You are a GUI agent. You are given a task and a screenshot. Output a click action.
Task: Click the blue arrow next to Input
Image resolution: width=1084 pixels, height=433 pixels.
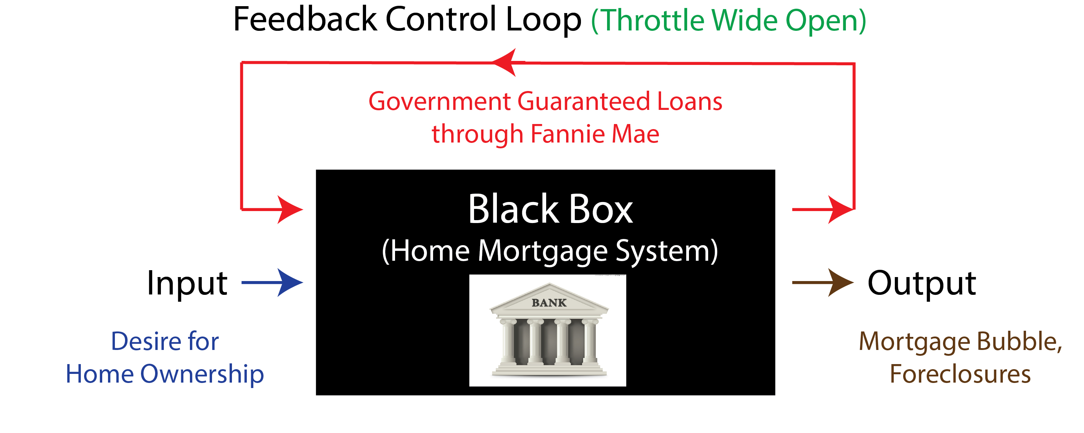[272, 282]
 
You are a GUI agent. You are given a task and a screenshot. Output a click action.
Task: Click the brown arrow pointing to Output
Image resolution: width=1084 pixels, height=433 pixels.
[823, 282]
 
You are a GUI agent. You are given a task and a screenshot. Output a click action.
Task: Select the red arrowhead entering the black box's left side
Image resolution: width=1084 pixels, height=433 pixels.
[290, 209]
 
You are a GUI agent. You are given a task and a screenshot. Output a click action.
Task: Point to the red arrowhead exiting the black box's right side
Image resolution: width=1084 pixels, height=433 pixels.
[841, 209]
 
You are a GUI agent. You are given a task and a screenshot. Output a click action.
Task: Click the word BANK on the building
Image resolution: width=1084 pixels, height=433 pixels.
[549, 302]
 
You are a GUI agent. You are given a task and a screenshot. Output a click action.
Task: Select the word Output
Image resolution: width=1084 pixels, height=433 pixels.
[922, 283]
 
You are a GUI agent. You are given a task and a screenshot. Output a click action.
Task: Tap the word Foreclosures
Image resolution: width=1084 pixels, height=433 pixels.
[960, 374]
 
